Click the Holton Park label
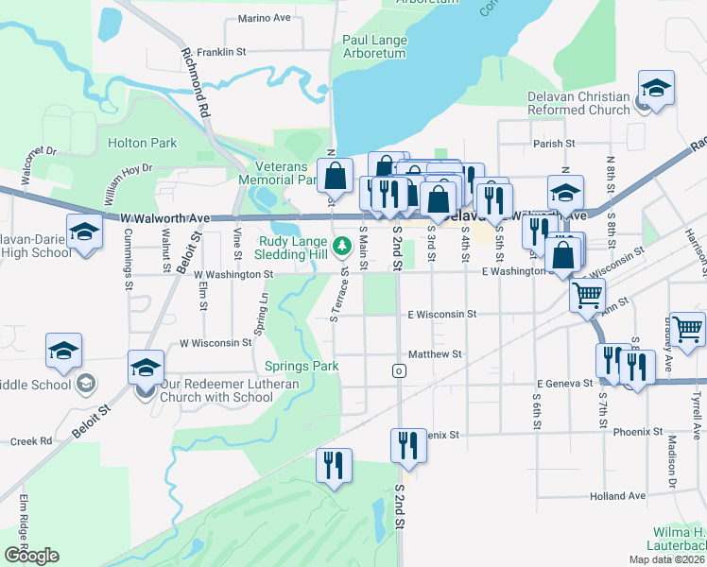pyautogui.click(x=143, y=144)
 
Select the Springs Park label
pyautogui.click(x=302, y=366)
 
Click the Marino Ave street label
pyautogui.click(x=265, y=18)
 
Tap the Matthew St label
pyautogui.click(x=434, y=354)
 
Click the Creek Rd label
pyautogui.click(x=31, y=441)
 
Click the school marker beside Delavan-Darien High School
pyautogui.click(x=84, y=232)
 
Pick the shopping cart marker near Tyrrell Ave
pyautogui.click(x=687, y=328)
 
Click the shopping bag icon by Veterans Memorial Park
pyautogui.click(x=336, y=175)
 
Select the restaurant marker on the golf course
pyautogui.click(x=334, y=466)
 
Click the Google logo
pyautogui.click(x=31, y=556)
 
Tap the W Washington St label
pyautogui.click(x=233, y=275)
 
